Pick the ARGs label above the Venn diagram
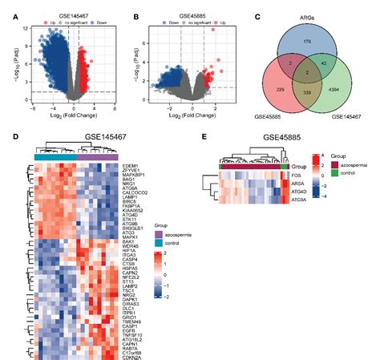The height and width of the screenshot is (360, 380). [307, 7]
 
